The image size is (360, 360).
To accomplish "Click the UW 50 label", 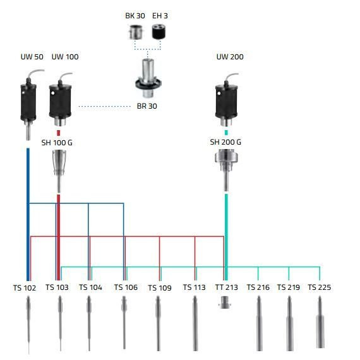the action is [32, 57].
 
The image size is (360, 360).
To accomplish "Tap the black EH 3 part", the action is [160, 32].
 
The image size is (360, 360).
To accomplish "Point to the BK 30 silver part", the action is [135, 32].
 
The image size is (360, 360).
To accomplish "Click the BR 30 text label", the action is [147, 106].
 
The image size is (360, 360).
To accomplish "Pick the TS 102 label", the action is [25, 287].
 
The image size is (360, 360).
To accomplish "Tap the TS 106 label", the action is [126, 287].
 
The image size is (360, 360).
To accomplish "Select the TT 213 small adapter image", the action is [225, 303].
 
